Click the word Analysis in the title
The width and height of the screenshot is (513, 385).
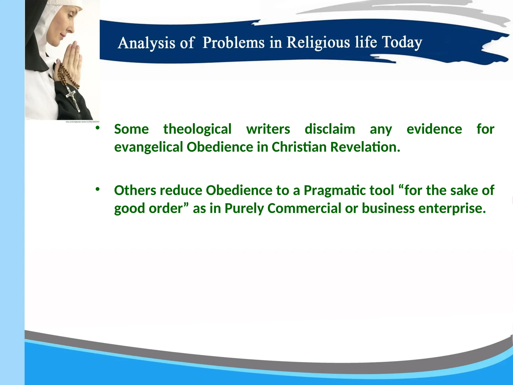[x=146, y=43]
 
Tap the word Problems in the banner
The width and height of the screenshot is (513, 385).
[x=233, y=42]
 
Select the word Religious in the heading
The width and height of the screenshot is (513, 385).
[x=318, y=42]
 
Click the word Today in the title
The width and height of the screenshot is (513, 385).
[x=402, y=42]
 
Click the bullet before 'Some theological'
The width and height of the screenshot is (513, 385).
[x=97, y=128]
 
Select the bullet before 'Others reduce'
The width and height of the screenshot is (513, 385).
[x=97, y=189]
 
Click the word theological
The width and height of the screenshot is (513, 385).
[x=197, y=129]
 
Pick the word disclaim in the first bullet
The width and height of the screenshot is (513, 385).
[x=330, y=129]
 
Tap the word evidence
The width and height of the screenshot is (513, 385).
[x=434, y=129]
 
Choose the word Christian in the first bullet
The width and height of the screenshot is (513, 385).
[x=299, y=147]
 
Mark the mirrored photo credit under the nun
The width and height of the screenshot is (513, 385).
[x=82, y=122]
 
